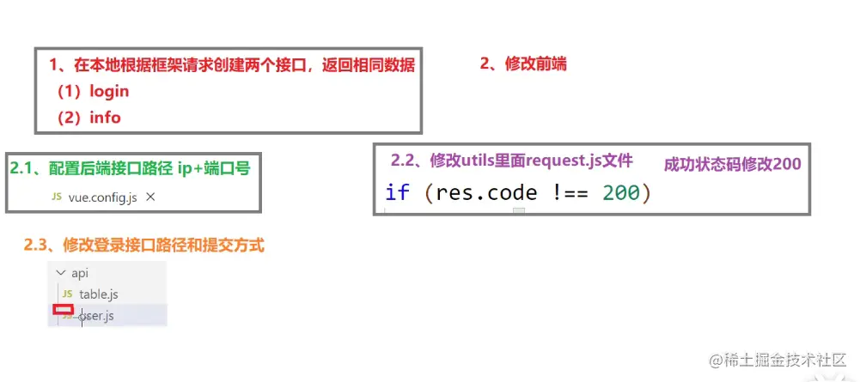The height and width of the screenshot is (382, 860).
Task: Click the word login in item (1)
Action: [109, 91]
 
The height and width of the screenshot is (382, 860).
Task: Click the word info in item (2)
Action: [105, 117]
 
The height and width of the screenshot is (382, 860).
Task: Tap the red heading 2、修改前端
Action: [522, 64]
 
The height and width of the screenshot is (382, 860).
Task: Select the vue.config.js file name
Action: [102, 197]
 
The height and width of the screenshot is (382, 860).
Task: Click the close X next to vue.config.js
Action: [150, 197]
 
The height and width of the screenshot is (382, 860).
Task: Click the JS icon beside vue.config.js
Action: [57, 197]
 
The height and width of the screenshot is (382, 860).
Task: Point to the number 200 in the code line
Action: [620, 191]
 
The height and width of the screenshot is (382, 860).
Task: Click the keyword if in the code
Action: [397, 191]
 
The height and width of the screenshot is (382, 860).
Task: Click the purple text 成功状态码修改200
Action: [733, 164]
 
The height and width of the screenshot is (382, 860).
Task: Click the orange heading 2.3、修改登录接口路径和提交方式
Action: [143, 246]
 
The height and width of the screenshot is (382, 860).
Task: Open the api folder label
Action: [80, 273]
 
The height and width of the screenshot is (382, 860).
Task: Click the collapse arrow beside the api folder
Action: [60, 273]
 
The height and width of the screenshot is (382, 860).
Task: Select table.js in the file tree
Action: [98, 294]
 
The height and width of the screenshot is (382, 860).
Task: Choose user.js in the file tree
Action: [96, 316]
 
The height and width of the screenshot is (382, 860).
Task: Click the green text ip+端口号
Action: [214, 167]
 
